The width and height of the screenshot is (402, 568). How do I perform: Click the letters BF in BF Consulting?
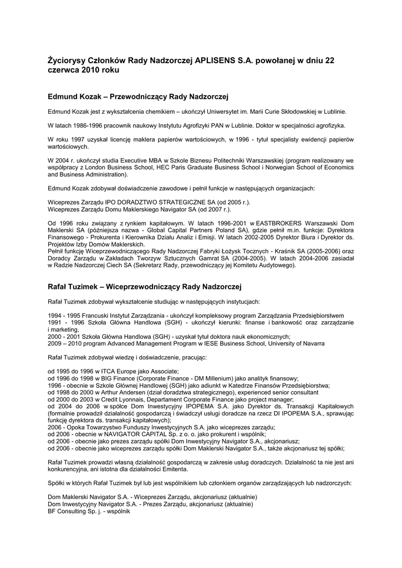pos(52,511)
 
